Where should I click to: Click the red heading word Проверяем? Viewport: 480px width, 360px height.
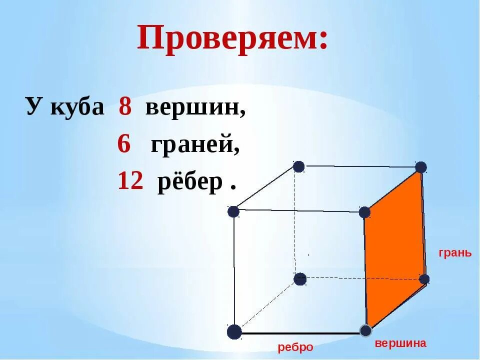click(x=232, y=39)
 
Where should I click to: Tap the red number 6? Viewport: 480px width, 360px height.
click(x=124, y=144)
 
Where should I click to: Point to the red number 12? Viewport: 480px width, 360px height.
click(x=130, y=181)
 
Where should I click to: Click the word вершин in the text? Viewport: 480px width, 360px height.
click(x=195, y=107)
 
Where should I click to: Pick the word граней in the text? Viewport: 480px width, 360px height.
click(x=195, y=145)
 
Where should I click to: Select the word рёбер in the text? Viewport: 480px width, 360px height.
click(x=190, y=182)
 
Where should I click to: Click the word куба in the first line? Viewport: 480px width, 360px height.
click(x=77, y=107)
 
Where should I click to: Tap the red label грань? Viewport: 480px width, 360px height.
click(x=455, y=252)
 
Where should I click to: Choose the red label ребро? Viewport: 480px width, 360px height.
click(x=295, y=347)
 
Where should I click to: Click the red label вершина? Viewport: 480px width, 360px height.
click(x=400, y=343)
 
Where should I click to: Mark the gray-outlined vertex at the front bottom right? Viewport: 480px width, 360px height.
click(x=366, y=330)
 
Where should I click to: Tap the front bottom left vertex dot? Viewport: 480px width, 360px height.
click(x=234, y=332)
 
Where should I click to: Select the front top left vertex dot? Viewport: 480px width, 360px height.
click(x=233, y=211)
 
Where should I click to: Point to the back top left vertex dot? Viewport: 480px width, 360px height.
click(x=298, y=166)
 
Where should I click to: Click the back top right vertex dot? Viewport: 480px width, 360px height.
click(x=421, y=167)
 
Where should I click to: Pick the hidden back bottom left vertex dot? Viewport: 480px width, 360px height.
click(x=300, y=279)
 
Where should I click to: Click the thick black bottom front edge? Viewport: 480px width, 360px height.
click(x=300, y=332)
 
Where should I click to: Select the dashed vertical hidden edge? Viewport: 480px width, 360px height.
click(x=295, y=225)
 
